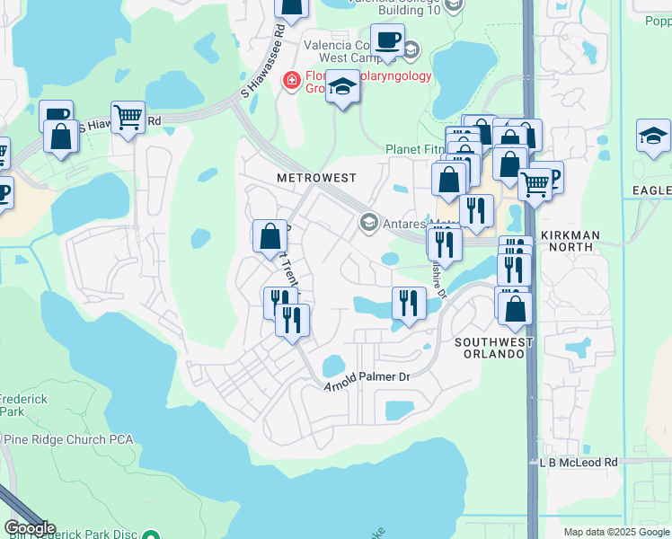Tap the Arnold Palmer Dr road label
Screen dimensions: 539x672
click(x=367, y=377)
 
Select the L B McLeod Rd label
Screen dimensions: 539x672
click(x=579, y=462)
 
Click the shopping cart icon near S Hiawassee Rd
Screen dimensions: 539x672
click(x=128, y=117)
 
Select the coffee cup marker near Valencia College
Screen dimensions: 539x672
click(x=387, y=40)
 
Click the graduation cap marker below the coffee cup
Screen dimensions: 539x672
click(x=341, y=87)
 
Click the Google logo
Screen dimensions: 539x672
click(x=29, y=528)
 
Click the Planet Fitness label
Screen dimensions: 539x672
click(x=415, y=149)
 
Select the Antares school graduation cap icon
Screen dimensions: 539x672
click(x=368, y=222)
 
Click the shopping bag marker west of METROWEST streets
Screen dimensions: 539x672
click(x=270, y=237)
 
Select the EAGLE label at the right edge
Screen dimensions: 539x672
click(x=652, y=190)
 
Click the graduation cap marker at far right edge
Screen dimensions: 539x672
click(x=653, y=136)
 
